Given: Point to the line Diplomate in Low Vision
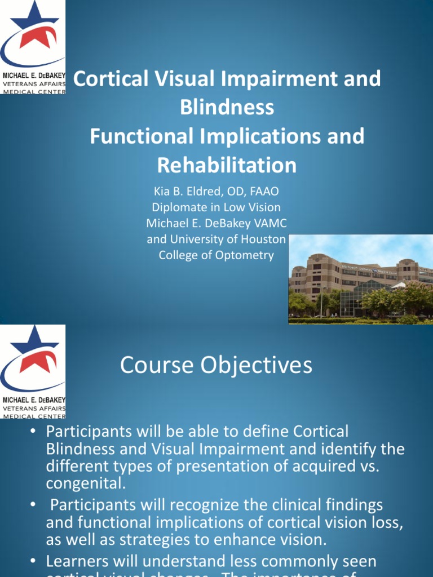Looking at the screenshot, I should tap(216, 207).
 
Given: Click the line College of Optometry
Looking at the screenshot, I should tap(216, 255).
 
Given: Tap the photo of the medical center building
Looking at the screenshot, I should tap(361, 279).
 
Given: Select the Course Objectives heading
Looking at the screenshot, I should tap(216, 365).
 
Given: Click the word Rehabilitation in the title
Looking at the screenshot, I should tap(227, 165).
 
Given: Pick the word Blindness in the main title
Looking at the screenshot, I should tap(227, 107).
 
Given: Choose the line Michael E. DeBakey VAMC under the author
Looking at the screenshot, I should tap(216, 223).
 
